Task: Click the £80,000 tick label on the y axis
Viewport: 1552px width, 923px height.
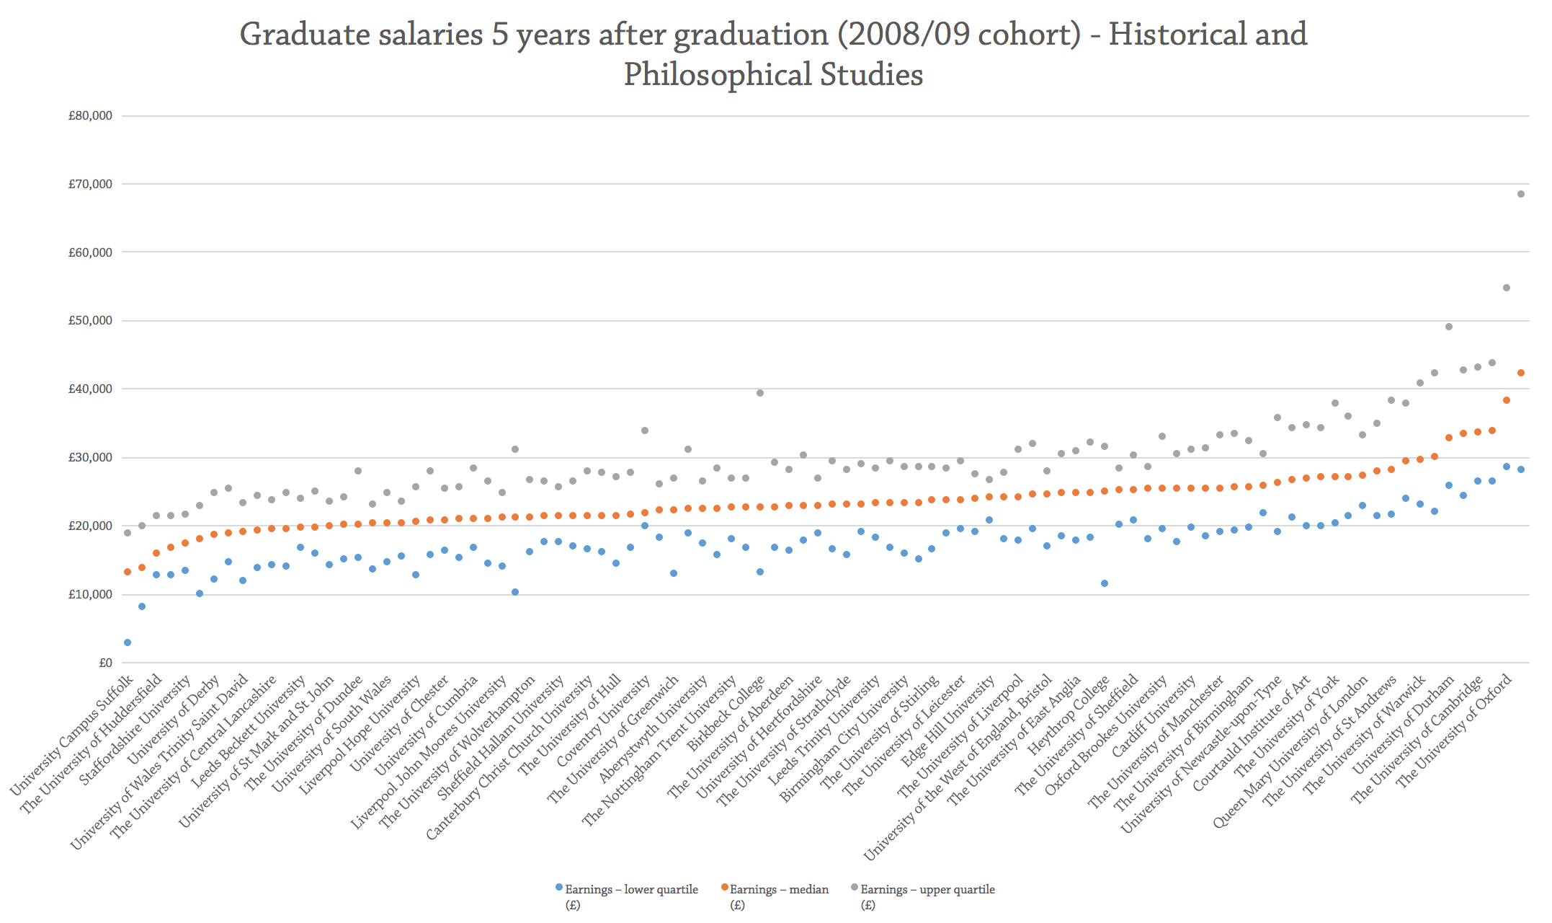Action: pos(90,115)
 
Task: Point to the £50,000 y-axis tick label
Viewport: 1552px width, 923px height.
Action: pos(90,320)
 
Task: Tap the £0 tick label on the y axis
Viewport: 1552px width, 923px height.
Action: pos(105,663)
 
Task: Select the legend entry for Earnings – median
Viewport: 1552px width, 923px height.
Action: pos(779,890)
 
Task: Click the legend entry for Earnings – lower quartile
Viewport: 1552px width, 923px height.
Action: pos(630,890)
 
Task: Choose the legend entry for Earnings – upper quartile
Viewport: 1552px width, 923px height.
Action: pos(927,890)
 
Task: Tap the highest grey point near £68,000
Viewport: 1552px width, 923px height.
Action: pos(1521,194)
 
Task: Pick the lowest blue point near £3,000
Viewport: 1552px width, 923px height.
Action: pos(128,642)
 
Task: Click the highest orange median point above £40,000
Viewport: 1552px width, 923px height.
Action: pos(1521,373)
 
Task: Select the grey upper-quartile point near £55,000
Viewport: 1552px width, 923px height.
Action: pos(1506,288)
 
